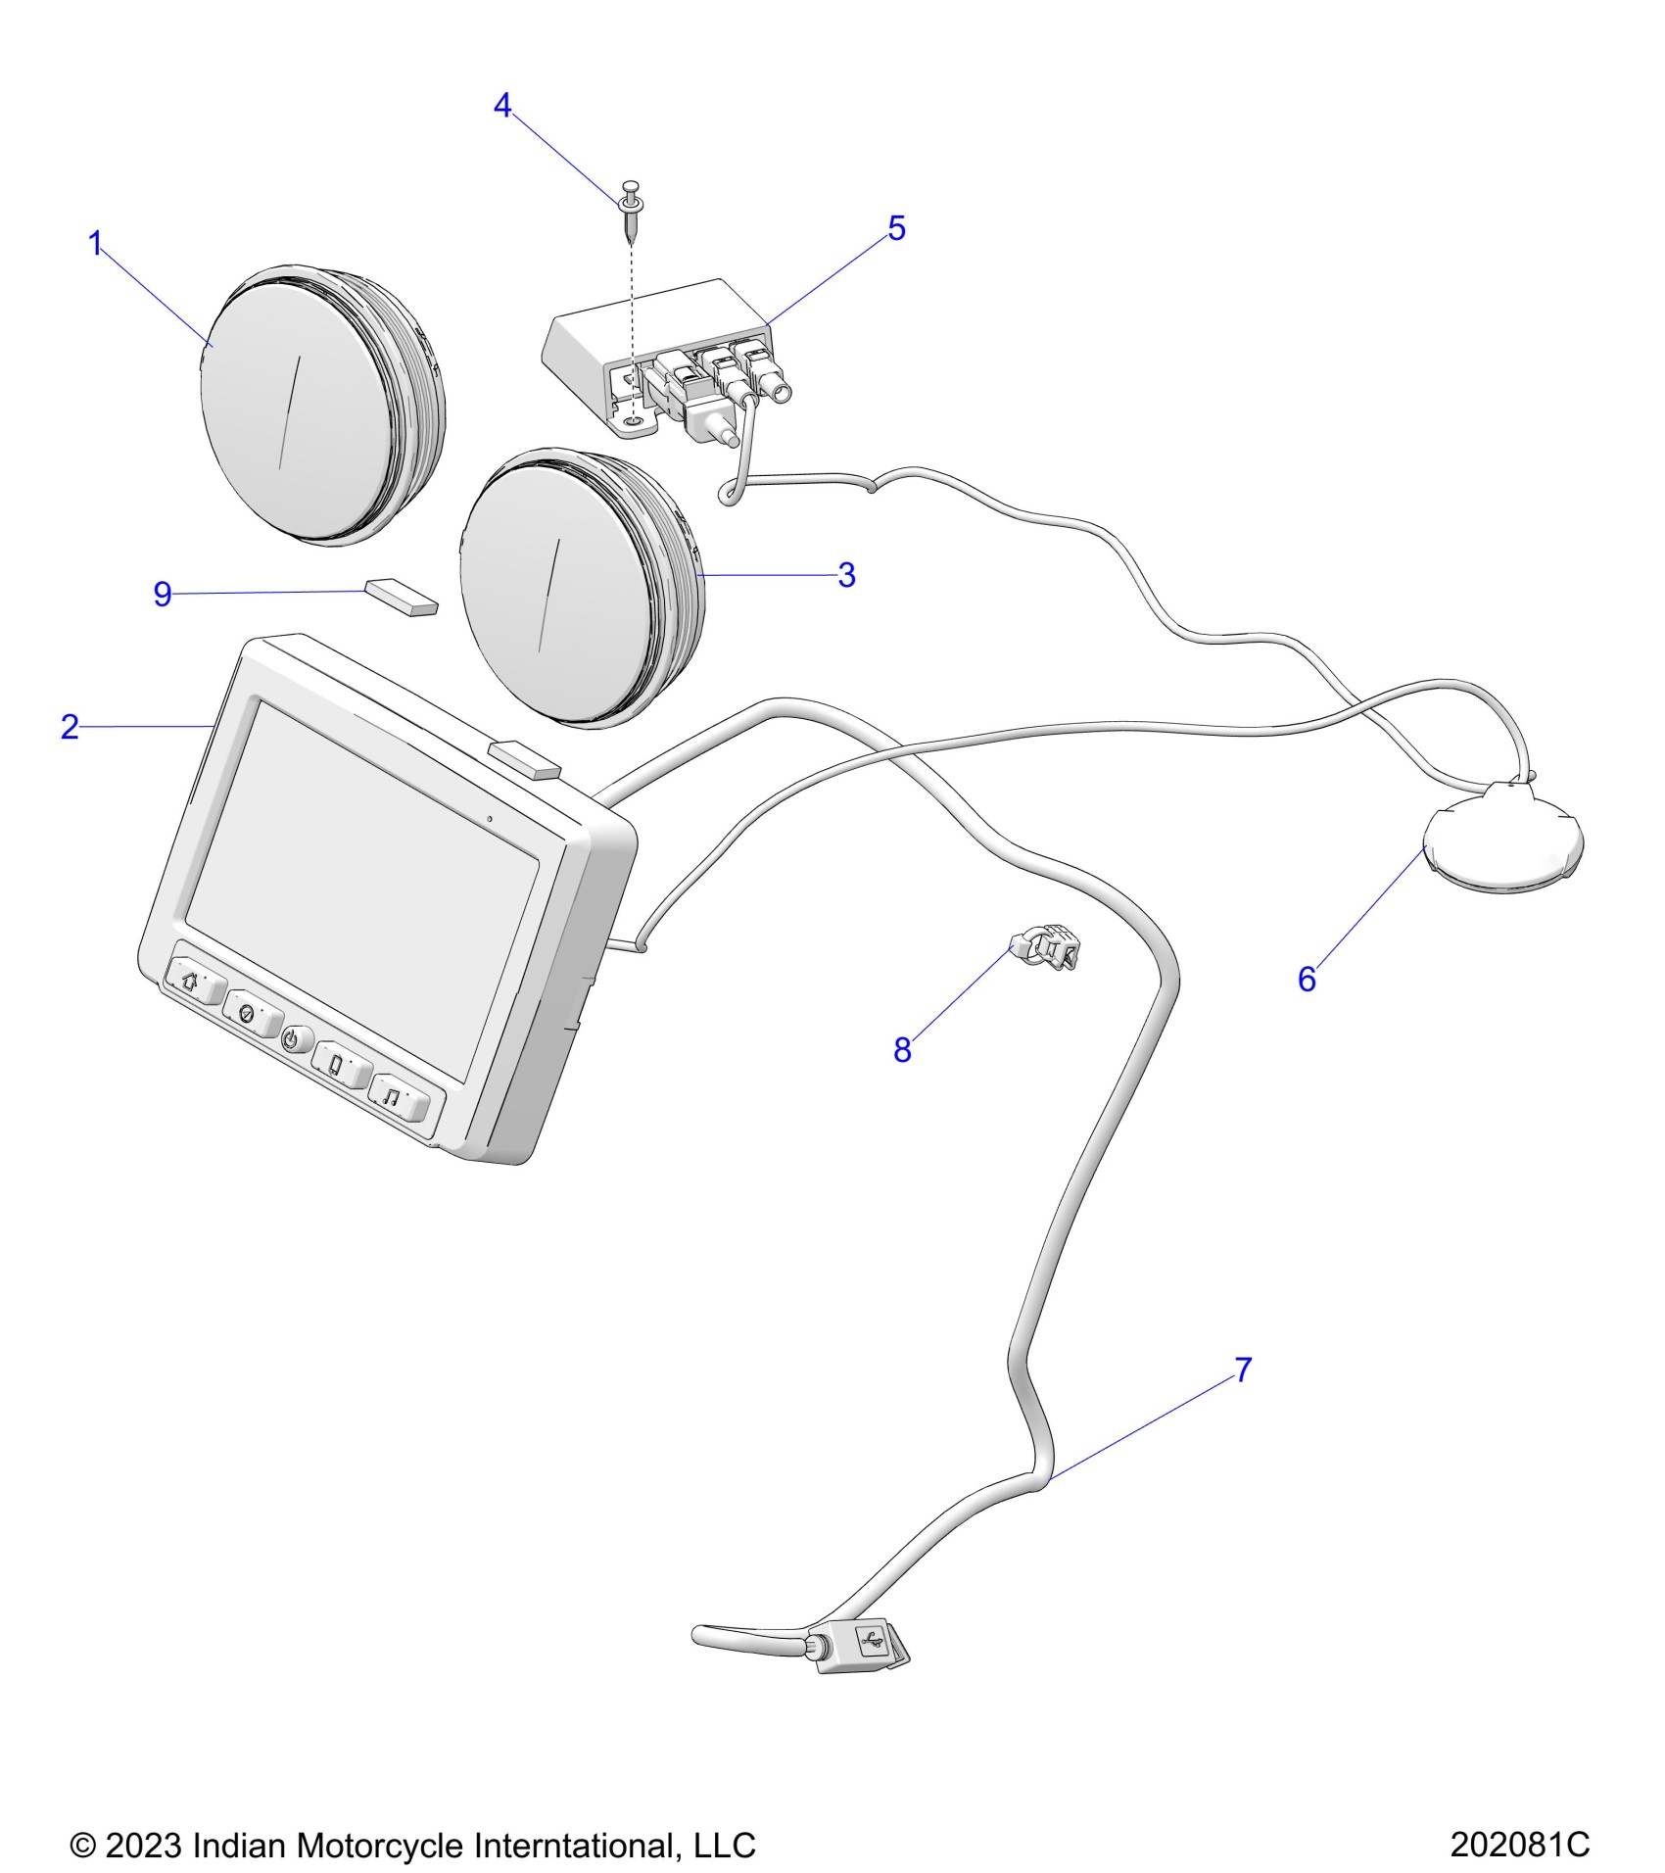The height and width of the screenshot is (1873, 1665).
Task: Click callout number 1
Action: [95, 244]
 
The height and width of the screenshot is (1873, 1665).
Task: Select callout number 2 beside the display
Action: [70, 727]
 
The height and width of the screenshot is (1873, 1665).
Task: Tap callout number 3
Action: [846, 575]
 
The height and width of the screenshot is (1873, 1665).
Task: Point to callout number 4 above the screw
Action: [502, 106]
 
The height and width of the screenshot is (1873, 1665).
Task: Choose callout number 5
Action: [896, 228]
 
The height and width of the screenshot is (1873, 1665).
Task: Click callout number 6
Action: [1307, 979]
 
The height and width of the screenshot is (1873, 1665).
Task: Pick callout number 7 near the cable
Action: [1242, 1369]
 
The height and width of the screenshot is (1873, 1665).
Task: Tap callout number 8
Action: [902, 1050]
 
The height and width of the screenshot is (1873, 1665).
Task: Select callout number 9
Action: [163, 594]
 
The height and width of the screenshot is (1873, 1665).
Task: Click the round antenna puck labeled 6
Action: [1502, 840]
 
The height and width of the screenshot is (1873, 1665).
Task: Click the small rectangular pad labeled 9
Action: [402, 597]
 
